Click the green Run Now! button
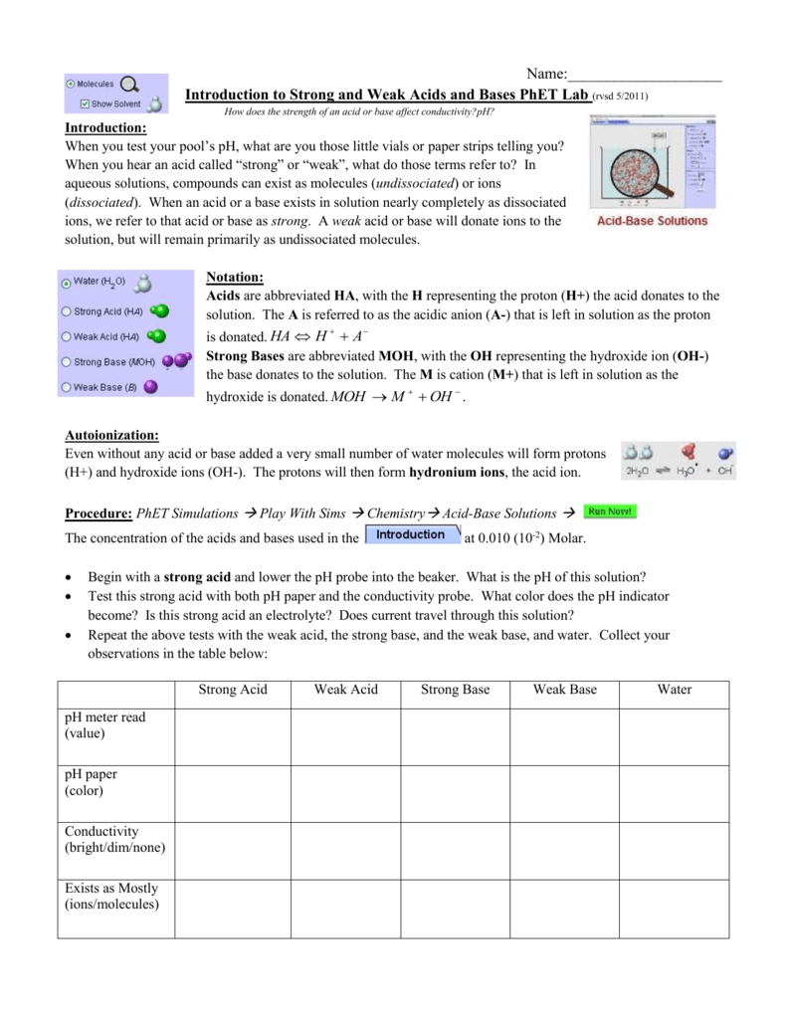pos(610,511)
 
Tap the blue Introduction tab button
pos(411,535)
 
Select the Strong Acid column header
pos(233,690)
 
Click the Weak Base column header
pos(564,690)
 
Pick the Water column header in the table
pos(674,690)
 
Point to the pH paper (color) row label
pos(91,782)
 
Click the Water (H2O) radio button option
pos(67,284)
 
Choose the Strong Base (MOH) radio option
pos(67,362)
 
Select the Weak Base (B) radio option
pos(67,387)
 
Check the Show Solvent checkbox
pos(86,102)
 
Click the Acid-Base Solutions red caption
pos(652,220)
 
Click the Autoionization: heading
pos(109,435)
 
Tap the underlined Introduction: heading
pos(105,128)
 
